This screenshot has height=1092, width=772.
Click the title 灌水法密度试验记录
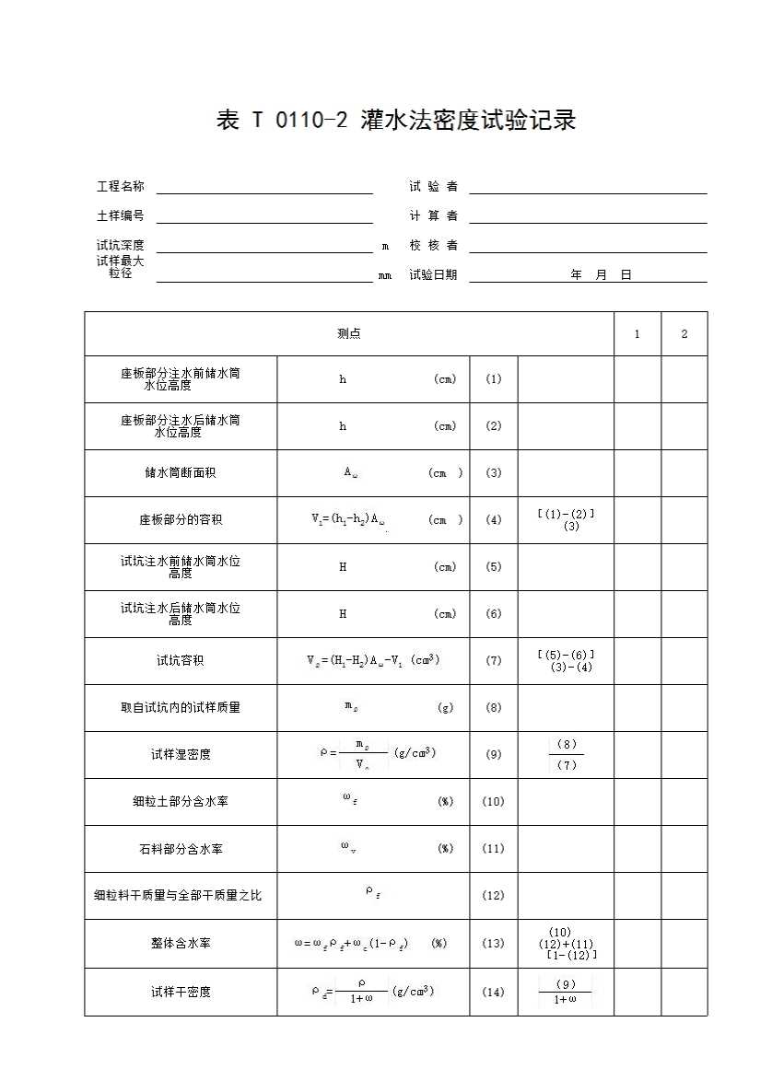click(x=396, y=121)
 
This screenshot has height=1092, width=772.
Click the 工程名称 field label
click(x=120, y=187)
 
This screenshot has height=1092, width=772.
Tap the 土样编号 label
click(x=120, y=216)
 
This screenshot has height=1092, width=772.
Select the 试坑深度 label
click(x=120, y=246)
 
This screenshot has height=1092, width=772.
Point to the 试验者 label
click(x=433, y=187)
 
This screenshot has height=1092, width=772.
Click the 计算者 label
click(x=433, y=216)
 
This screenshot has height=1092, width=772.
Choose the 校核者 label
click(x=433, y=246)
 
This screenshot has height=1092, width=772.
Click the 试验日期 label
click(x=433, y=275)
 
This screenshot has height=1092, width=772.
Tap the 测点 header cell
click(x=349, y=334)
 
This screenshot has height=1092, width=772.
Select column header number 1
click(x=637, y=334)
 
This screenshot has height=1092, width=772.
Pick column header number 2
click(x=684, y=334)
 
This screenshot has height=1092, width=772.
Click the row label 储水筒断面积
click(x=181, y=473)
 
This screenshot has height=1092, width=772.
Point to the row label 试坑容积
click(x=181, y=661)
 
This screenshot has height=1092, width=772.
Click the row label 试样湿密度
click(x=181, y=755)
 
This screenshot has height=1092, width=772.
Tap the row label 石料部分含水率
click(x=181, y=849)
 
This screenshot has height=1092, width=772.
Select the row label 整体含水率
click(x=181, y=944)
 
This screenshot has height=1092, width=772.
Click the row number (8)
click(x=494, y=708)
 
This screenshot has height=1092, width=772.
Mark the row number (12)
click(x=494, y=896)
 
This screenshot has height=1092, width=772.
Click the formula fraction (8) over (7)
click(x=567, y=755)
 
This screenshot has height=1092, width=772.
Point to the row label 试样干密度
click(x=181, y=993)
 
